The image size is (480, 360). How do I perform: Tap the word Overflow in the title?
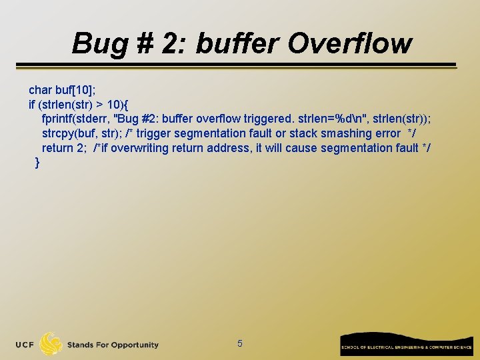(350, 43)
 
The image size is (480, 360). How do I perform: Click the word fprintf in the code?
(59, 119)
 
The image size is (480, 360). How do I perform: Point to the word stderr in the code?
(95, 119)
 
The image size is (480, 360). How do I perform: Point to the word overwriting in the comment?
(139, 148)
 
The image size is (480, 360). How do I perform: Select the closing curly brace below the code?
(37, 163)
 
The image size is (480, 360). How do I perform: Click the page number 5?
(240, 344)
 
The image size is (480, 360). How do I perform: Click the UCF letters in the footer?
(26, 345)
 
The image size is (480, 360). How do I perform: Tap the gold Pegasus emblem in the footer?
(51, 344)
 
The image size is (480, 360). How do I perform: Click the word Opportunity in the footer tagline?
(135, 345)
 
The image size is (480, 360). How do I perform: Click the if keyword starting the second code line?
(31, 105)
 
